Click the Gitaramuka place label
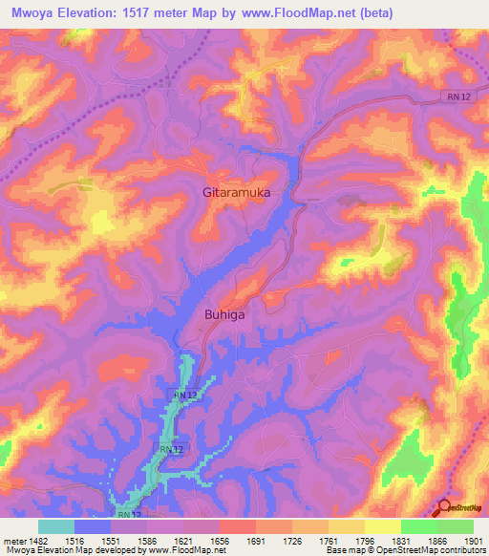click(237, 192)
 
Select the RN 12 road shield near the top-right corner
click(457, 96)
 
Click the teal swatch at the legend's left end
click(56, 526)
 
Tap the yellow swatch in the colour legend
click(382, 526)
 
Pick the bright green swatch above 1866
click(418, 526)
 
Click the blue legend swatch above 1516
click(93, 526)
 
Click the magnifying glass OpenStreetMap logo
click(445, 506)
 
